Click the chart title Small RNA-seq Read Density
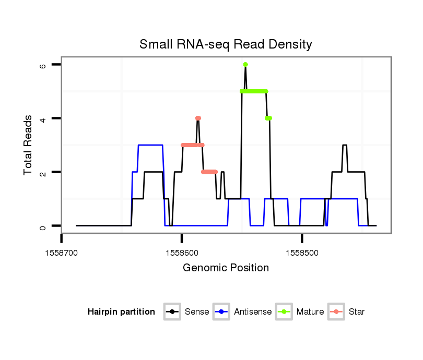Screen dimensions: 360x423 [x=226, y=44]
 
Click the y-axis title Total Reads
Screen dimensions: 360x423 [x=29, y=145]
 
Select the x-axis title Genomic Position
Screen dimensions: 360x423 [x=226, y=268]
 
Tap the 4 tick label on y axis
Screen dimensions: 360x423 [x=42, y=118]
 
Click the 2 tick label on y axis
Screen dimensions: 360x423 [x=42, y=172]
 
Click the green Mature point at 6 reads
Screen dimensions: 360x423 [x=245, y=64]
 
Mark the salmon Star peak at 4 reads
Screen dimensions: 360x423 [x=198, y=118]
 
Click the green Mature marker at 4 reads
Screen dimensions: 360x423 [x=268, y=118]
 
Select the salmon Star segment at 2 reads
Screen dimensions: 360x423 [x=209, y=172]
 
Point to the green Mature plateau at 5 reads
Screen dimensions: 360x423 [x=254, y=91]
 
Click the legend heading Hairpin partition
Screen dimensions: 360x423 [x=121, y=312]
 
